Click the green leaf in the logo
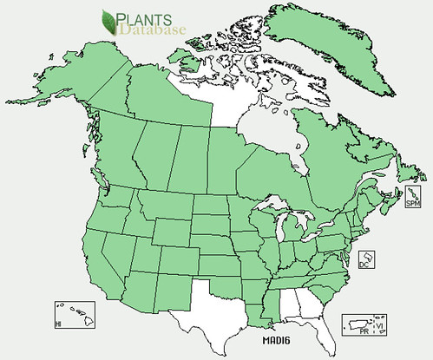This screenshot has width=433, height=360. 110,20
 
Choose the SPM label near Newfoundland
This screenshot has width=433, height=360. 413,201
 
